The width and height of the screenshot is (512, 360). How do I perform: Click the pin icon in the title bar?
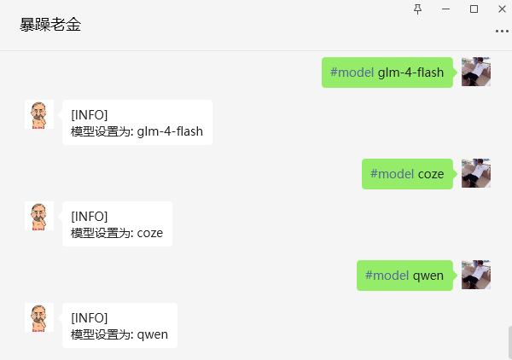(x=417, y=9)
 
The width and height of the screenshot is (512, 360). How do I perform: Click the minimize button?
(x=445, y=9)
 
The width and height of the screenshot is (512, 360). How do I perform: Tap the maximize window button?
(x=474, y=9)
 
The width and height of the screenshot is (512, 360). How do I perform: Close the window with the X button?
(x=503, y=9)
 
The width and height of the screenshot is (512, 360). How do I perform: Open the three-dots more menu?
(x=502, y=32)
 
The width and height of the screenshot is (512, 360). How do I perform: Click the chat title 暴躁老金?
(x=50, y=25)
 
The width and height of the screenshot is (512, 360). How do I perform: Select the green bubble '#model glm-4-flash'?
(x=387, y=73)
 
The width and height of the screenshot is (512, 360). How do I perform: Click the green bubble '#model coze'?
(x=407, y=174)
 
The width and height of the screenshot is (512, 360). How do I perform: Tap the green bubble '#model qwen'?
(x=404, y=276)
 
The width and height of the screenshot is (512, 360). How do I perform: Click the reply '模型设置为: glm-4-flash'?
(x=137, y=122)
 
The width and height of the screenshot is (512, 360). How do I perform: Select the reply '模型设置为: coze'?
(x=117, y=224)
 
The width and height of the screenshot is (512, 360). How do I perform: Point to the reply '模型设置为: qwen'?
(x=119, y=325)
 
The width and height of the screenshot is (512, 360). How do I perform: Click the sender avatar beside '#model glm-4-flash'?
(x=476, y=72)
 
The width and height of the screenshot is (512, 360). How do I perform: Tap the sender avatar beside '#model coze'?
(x=476, y=173)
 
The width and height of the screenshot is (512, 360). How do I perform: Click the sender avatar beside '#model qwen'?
(x=476, y=275)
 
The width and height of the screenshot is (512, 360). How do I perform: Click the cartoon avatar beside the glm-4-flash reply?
(x=39, y=114)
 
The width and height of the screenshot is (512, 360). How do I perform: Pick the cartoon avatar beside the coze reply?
(x=39, y=216)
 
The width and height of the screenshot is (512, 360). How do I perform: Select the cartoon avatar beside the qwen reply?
(x=39, y=317)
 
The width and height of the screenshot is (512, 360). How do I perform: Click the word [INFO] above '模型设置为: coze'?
(x=89, y=217)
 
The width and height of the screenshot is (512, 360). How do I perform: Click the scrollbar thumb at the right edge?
(x=510, y=343)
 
